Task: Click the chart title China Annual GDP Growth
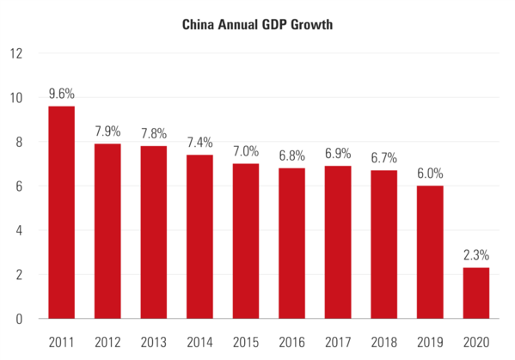click(x=257, y=25)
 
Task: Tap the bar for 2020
click(x=476, y=293)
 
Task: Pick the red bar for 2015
click(x=246, y=241)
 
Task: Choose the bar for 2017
click(x=338, y=242)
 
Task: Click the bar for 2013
click(x=153, y=232)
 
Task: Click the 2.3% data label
click(x=476, y=255)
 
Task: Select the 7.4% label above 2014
click(x=199, y=143)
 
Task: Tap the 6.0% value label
click(x=430, y=174)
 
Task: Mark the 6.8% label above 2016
click(x=291, y=156)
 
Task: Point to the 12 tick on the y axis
click(x=15, y=53)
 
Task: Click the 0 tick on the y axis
click(x=17, y=319)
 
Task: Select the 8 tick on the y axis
click(x=17, y=142)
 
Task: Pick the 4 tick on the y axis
click(x=17, y=230)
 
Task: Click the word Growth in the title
click(x=308, y=25)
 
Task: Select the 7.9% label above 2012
click(x=107, y=131)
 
